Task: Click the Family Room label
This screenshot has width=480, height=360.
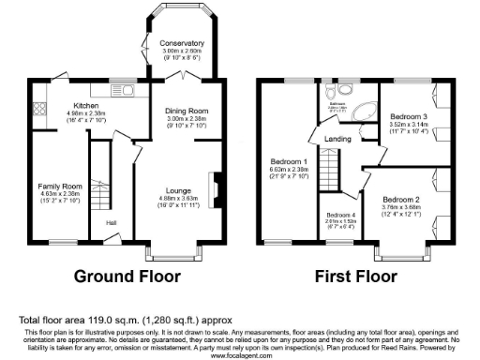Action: pyautogui.click(x=60, y=187)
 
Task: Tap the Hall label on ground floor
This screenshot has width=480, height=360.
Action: pyautogui.click(x=112, y=222)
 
